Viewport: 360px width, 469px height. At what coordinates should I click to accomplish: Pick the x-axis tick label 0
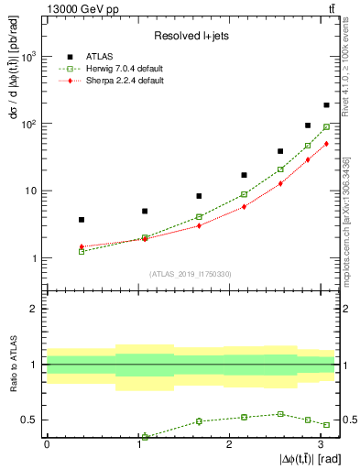click(x=47, y=444)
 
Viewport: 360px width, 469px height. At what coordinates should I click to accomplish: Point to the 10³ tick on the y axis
click(x=28, y=56)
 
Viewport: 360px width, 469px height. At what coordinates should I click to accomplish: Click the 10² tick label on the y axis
click(x=28, y=123)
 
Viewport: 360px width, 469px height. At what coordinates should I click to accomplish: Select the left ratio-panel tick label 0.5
click(x=29, y=420)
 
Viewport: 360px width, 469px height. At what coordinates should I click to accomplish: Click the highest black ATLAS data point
click(x=326, y=105)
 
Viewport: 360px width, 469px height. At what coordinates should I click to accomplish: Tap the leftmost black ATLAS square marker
click(x=82, y=220)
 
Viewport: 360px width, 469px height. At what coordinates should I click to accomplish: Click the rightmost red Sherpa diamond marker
click(x=326, y=144)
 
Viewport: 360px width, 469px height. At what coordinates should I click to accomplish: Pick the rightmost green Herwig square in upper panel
click(x=326, y=127)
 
